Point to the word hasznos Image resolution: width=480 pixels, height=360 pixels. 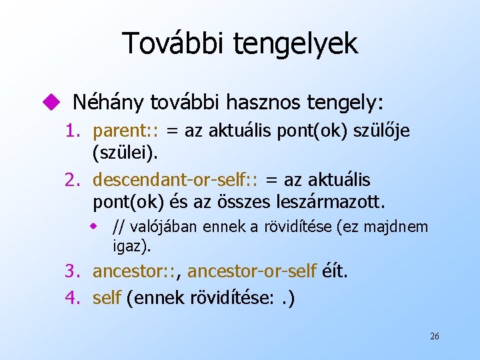point(266,102)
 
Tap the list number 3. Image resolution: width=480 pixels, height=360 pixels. point(72,272)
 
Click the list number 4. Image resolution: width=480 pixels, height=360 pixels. point(72,297)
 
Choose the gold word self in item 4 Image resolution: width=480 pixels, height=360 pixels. point(107,297)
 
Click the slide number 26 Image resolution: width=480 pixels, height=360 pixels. point(434,337)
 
